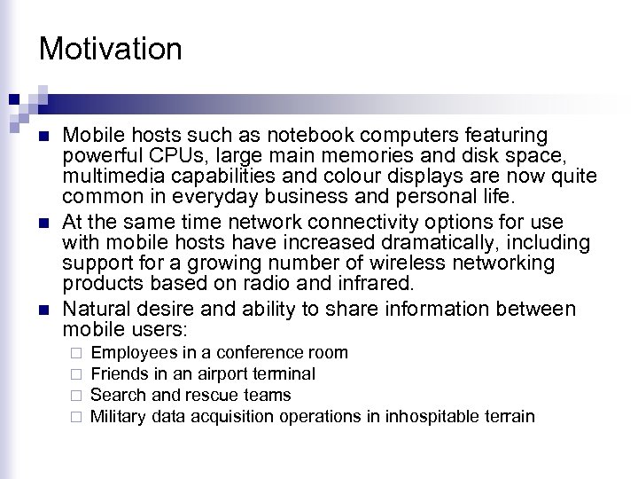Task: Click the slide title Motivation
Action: tap(111, 48)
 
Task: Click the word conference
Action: tap(250, 353)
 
